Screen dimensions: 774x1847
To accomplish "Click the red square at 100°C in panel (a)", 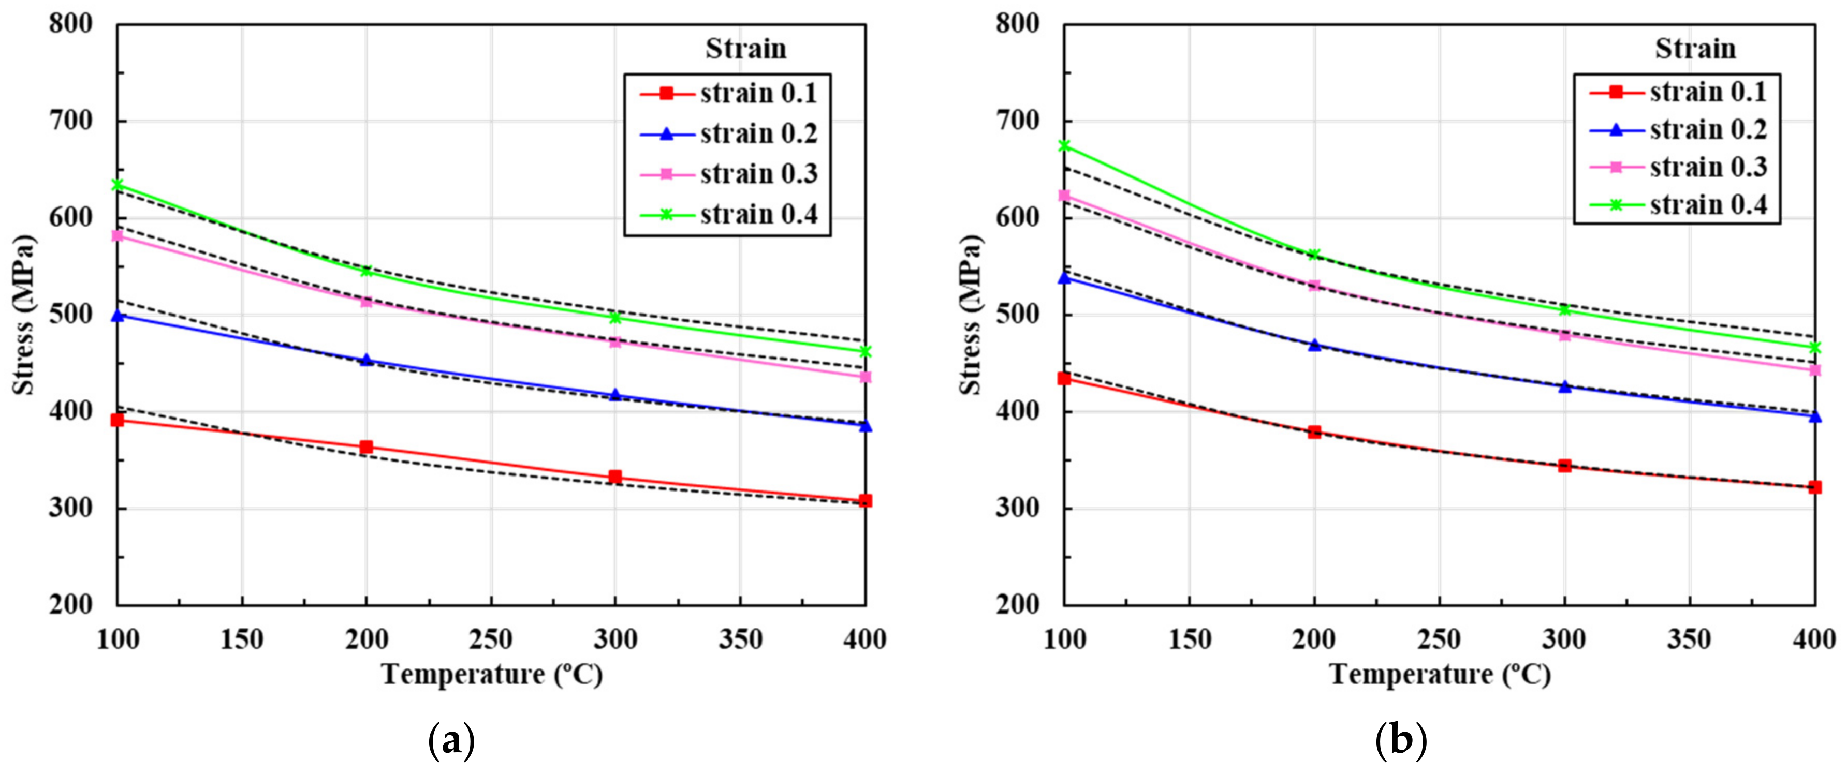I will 117,420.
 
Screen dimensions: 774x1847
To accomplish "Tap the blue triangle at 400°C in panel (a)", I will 866,426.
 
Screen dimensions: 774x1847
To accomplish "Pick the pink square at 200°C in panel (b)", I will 1314,285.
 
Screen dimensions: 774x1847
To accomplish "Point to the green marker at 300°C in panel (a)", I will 615,317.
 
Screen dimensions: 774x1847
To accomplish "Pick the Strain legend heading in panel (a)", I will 745,49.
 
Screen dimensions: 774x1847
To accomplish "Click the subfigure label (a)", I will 451,742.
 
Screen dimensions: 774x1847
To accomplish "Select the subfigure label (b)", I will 1400,742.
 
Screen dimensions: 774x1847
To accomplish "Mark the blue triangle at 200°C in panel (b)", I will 1314,345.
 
